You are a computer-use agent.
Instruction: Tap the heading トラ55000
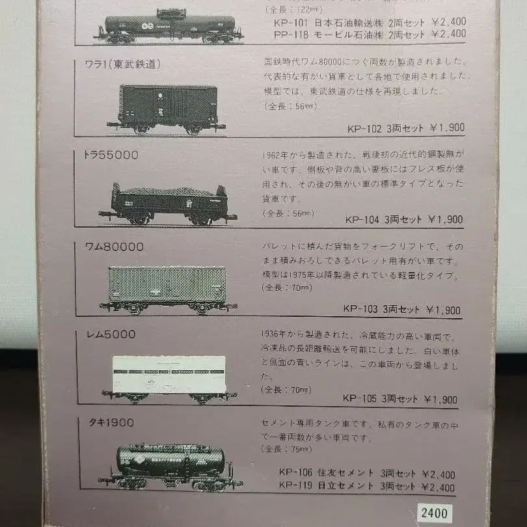pyautogui.click(x=111, y=155)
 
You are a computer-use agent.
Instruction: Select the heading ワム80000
pyautogui.click(x=115, y=247)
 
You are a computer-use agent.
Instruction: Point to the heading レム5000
pyautogui.click(x=111, y=334)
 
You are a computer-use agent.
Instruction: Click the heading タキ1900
pyautogui.click(x=111, y=422)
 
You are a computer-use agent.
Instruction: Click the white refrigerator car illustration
pyautogui.click(x=169, y=377)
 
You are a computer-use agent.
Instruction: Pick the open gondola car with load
pyautogui.click(x=168, y=203)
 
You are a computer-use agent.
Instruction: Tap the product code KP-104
pyautogui.click(x=362, y=219)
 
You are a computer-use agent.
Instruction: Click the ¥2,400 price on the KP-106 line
pyautogui.click(x=439, y=474)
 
